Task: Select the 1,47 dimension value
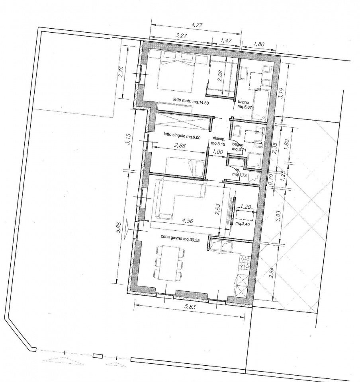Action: [x=226, y=40]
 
